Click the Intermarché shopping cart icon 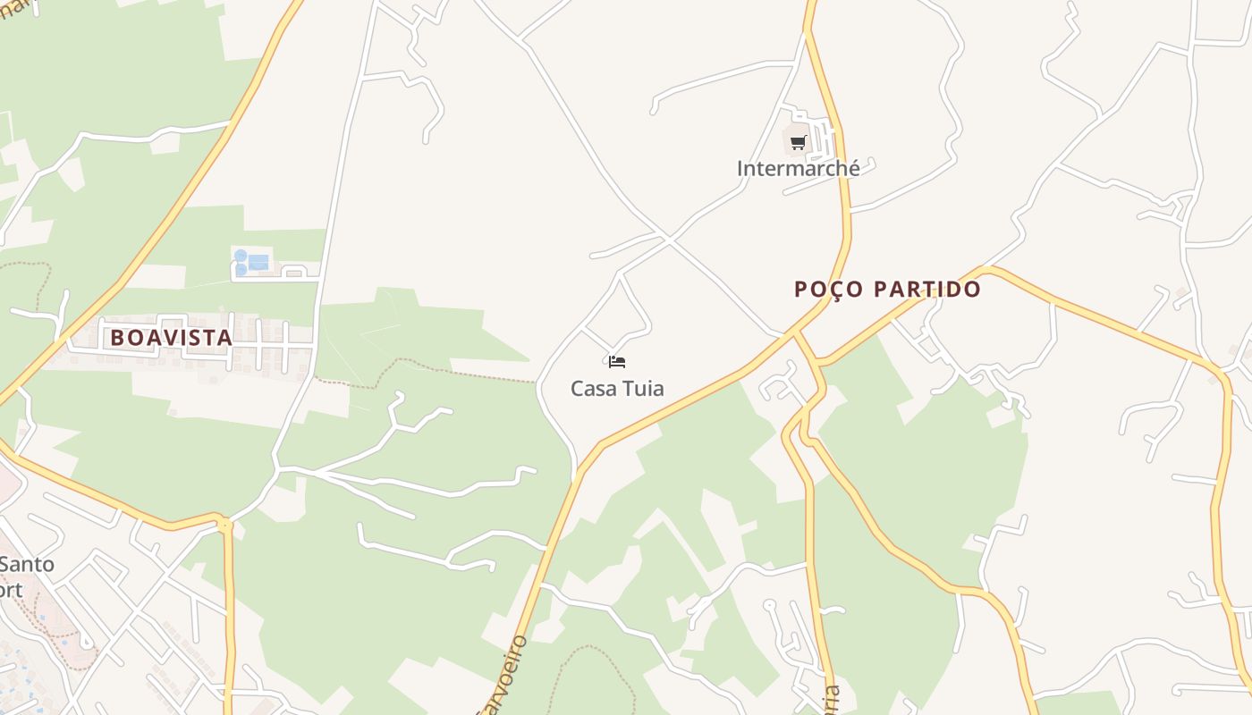pyautogui.click(x=799, y=142)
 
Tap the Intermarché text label pyautogui.click(x=799, y=168)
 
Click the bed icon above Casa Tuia pyautogui.click(x=616, y=362)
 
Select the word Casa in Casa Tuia pyautogui.click(x=592, y=389)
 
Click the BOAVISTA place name pyautogui.click(x=172, y=338)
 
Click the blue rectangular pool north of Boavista pyautogui.click(x=258, y=262)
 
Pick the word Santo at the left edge pyautogui.click(x=27, y=565)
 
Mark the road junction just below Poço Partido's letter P pyautogui.click(x=794, y=333)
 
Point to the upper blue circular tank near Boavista pyautogui.click(x=240, y=256)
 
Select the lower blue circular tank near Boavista pyautogui.click(x=241, y=269)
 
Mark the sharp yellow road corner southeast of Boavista pyautogui.click(x=224, y=519)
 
